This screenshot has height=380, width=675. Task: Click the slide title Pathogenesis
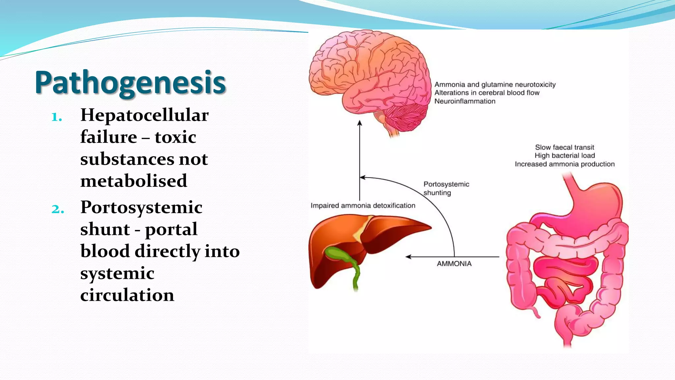click(x=130, y=82)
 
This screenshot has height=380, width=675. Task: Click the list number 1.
click(x=57, y=117)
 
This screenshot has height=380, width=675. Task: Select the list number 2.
click(x=58, y=209)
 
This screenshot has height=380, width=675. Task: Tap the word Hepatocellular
click(x=144, y=115)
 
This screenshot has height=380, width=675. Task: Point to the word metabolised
click(x=133, y=181)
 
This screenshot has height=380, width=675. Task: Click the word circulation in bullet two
click(x=127, y=295)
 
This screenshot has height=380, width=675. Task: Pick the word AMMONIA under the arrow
click(x=454, y=264)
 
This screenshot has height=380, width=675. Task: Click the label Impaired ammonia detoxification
click(x=363, y=206)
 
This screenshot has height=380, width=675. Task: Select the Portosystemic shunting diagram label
click(x=446, y=188)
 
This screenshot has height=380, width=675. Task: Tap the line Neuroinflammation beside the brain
click(x=465, y=101)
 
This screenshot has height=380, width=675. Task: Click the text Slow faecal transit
click(x=564, y=147)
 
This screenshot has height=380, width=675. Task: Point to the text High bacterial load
click(x=564, y=155)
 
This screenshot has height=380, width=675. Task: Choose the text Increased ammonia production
click(x=564, y=164)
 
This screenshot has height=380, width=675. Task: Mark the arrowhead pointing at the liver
click(x=408, y=257)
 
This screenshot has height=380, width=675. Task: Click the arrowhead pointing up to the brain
click(x=360, y=123)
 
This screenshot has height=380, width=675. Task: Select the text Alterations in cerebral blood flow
click(x=487, y=93)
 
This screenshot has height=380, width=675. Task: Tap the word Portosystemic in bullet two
click(x=141, y=207)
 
